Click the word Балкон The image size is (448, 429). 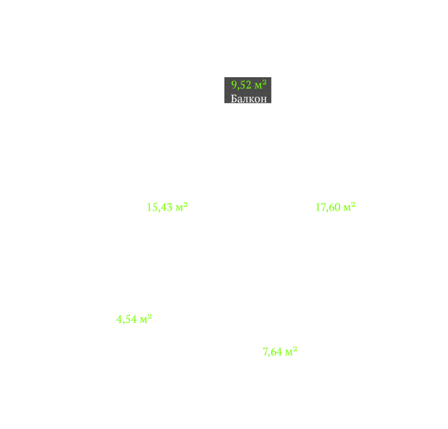pos(249,98)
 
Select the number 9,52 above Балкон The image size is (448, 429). pos(242,85)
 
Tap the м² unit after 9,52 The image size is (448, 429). pos(260,85)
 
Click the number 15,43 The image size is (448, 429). pos(160,207)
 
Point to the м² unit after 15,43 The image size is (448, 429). pos(182,207)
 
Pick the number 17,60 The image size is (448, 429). pos(328,207)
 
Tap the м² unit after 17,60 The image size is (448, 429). pos(349,207)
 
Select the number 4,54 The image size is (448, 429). pos(126,319)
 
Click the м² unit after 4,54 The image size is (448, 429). pos(146,318)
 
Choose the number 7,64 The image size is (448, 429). pos(273,352)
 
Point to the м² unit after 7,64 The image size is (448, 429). pos(291,351)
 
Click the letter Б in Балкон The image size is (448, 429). pos(234,98)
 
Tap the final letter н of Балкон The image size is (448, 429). pos(263,100)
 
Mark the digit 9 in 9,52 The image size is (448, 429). pos(234,85)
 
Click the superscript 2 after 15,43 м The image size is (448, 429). pos(185,204)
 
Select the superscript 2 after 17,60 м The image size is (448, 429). pos(353,204)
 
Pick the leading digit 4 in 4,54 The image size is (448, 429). pos(119,318)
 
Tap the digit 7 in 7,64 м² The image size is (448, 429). pos(266,352)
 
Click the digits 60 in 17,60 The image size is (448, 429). pos(334,207)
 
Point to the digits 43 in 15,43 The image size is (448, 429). pos(167,207)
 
